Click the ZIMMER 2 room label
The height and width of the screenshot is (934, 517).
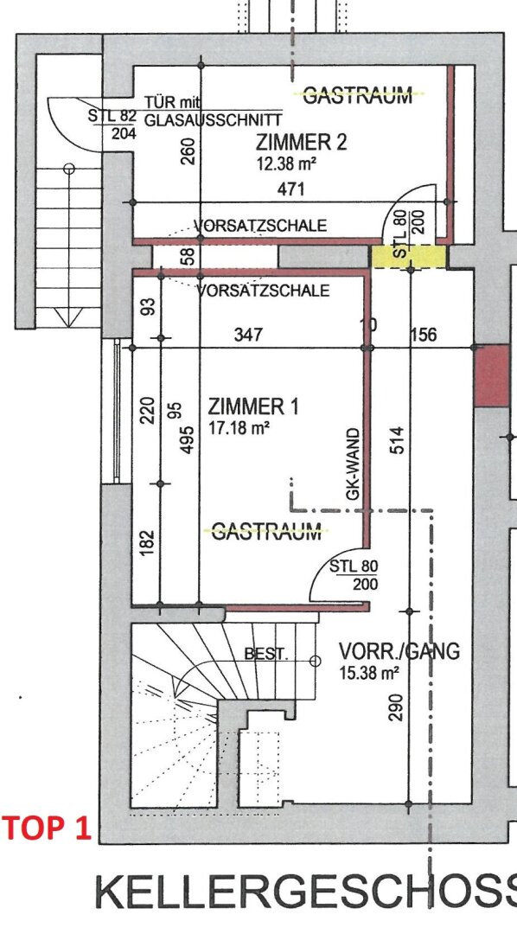pos(302,143)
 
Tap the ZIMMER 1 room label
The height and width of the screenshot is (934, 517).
pos(253,407)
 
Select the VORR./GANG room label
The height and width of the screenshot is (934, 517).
pos(399,651)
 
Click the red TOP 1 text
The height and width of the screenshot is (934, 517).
pos(47,828)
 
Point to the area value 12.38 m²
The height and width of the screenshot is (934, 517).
pos(286,163)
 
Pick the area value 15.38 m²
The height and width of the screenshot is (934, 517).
pos(368,674)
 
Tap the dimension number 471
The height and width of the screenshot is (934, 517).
pos(291,189)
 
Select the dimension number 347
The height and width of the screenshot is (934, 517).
pos(248,334)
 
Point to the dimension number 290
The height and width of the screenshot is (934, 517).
pos(397,707)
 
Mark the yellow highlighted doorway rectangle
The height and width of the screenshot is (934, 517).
pos(409,257)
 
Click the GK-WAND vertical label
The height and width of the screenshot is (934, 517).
pos(354,464)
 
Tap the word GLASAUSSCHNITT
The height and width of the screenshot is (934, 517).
pos(214,119)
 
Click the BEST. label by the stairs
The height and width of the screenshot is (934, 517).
pos(266,654)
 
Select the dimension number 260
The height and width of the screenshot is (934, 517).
pos(187,152)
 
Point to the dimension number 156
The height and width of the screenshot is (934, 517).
pos(423,334)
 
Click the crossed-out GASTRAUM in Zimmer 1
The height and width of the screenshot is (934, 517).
pos(266,531)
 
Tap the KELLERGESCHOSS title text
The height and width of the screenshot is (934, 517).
pos(305,892)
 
